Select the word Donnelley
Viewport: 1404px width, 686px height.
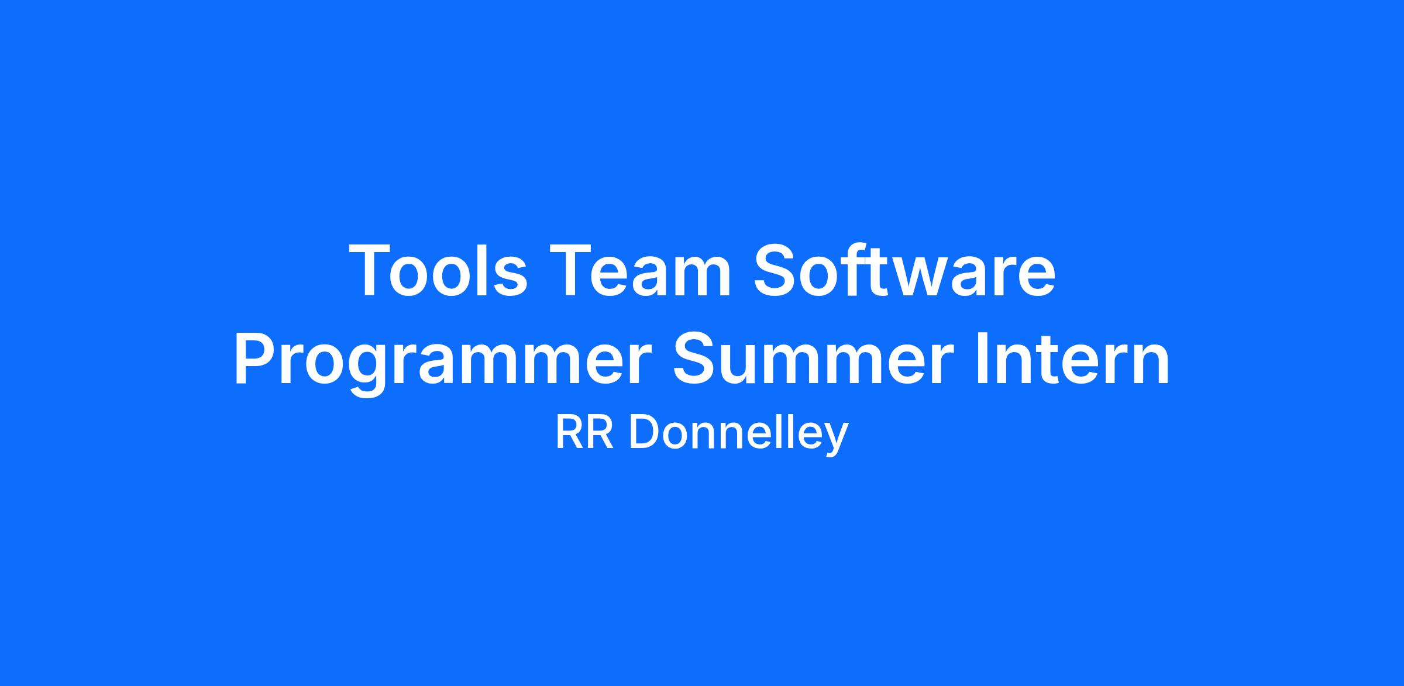pos(739,436)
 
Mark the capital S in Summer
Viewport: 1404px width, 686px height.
pos(697,358)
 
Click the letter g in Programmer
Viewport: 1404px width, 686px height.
pos(366,371)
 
